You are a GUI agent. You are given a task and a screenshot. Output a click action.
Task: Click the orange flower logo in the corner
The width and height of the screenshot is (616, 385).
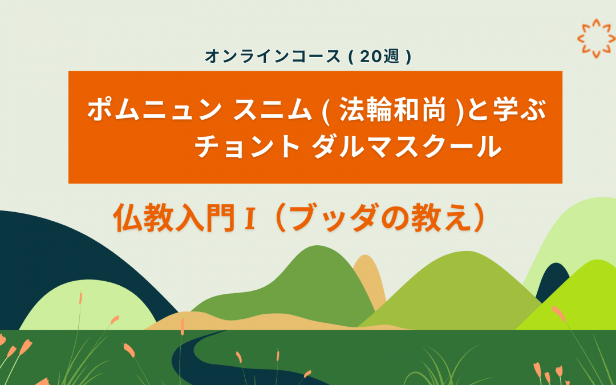(597, 38)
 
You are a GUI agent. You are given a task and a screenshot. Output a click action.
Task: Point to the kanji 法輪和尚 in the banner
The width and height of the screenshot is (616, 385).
(391, 110)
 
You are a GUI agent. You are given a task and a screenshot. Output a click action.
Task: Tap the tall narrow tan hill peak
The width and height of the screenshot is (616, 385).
(368, 274)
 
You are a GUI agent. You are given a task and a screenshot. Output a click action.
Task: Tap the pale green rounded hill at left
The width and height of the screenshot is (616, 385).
(86, 308)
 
